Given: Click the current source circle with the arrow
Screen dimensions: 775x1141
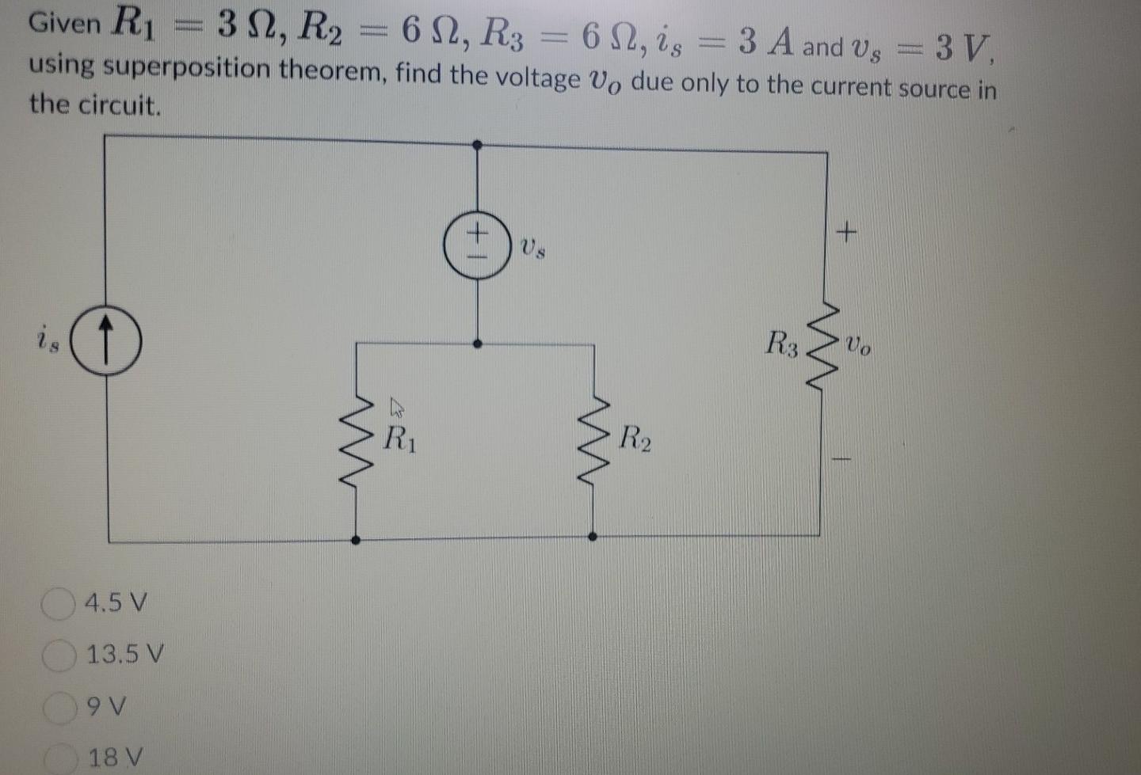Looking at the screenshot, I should pos(107,342).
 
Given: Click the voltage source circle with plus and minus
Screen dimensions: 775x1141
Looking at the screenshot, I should pos(477,244).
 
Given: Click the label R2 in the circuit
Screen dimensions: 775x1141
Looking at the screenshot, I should pos(635,438).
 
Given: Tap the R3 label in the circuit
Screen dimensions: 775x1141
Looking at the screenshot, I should pos(782,344).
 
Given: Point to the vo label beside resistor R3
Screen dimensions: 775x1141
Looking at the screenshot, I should pos(858,346).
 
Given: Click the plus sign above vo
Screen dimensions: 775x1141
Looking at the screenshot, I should pos(846,232).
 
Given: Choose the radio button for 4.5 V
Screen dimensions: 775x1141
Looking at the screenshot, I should pos(56,604).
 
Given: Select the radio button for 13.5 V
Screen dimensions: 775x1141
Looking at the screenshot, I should pos(58,655).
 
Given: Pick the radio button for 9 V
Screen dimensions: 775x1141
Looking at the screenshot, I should pos(58,707).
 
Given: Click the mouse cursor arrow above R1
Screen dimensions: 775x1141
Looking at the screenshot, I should pos(396,408).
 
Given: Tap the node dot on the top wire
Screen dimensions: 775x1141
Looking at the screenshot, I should pos(477,145).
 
